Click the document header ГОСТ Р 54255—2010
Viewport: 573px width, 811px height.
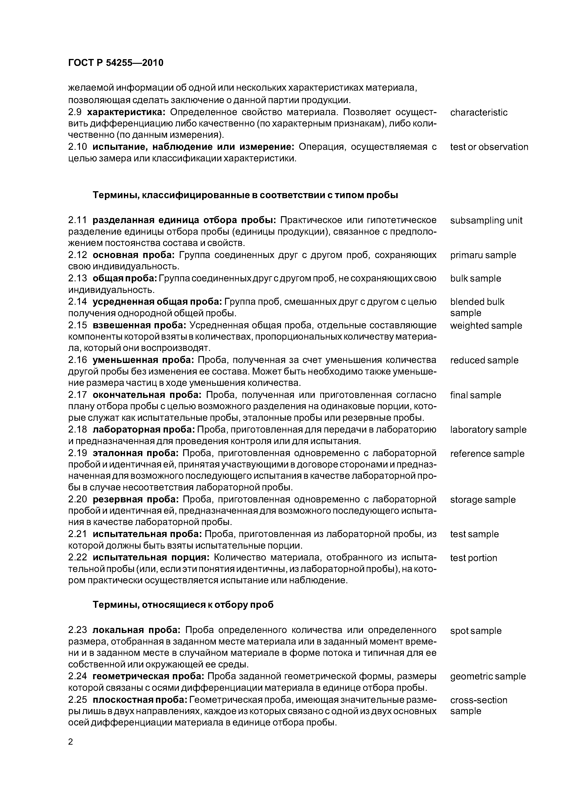(116, 63)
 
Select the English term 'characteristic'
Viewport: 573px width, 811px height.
(479, 113)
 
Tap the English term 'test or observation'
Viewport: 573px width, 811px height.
(489, 147)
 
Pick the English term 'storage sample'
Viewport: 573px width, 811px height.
(483, 500)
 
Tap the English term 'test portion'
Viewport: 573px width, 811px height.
(473, 558)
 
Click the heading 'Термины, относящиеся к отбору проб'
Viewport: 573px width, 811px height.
(183, 605)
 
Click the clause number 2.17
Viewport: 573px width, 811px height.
(77, 395)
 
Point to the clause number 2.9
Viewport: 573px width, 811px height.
(75, 112)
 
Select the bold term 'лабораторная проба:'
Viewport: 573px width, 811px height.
(144, 430)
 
